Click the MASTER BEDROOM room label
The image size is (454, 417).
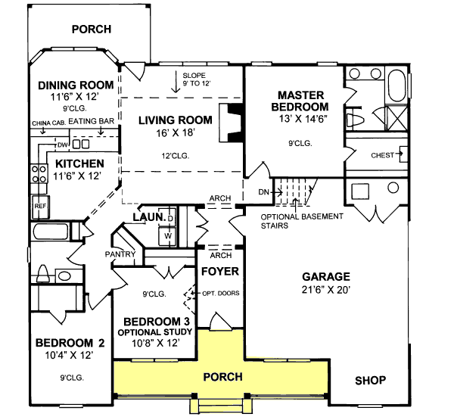pyautogui.click(x=300, y=101)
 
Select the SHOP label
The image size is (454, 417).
pyautogui.click(x=371, y=380)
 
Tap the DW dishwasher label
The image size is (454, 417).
pyautogui.click(x=63, y=145)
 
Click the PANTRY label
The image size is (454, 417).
pyautogui.click(x=120, y=254)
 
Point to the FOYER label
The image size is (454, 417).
pyautogui.click(x=220, y=271)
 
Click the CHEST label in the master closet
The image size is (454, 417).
pyautogui.click(x=381, y=156)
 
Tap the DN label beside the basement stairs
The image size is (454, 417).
pyautogui.click(x=263, y=192)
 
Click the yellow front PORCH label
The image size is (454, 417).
pyautogui.click(x=223, y=377)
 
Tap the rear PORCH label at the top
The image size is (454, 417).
pyautogui.click(x=91, y=30)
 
